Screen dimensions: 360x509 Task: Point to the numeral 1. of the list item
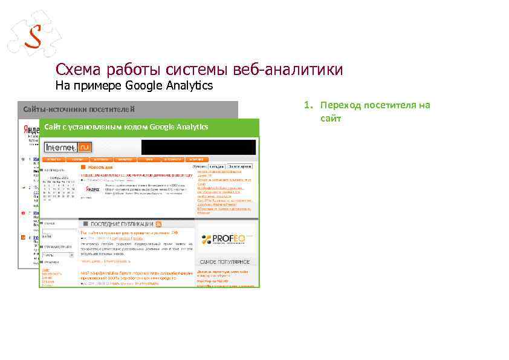click(x=308, y=105)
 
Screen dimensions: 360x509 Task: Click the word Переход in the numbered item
click(x=339, y=105)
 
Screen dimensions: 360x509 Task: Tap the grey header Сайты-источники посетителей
click(x=79, y=109)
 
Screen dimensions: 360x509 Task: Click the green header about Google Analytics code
click(x=126, y=126)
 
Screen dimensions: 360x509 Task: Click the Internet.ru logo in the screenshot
click(x=68, y=147)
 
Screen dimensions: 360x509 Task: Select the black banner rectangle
click(x=199, y=147)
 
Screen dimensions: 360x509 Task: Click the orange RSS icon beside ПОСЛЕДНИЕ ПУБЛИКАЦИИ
click(x=158, y=224)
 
